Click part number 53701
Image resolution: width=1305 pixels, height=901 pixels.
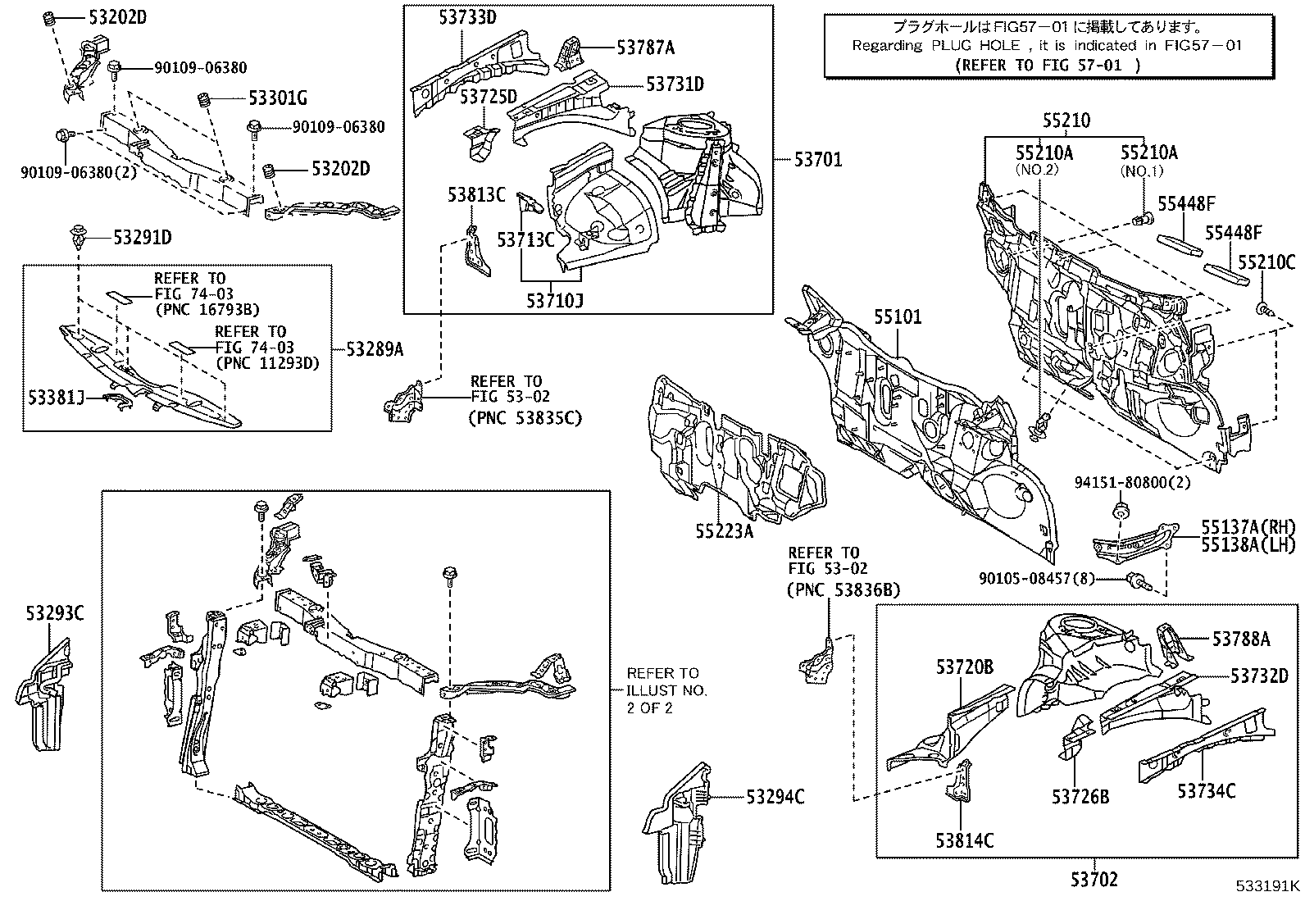click(817, 160)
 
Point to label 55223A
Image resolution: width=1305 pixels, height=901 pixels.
click(724, 531)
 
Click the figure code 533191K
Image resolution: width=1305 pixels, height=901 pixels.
click(1268, 886)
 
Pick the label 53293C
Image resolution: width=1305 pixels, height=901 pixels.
click(54, 613)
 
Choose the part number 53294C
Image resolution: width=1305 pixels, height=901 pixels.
click(775, 795)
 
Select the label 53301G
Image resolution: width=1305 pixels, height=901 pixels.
click(278, 99)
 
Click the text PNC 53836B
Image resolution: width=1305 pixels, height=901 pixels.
click(843, 589)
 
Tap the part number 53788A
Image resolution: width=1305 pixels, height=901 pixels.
click(1241, 638)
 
